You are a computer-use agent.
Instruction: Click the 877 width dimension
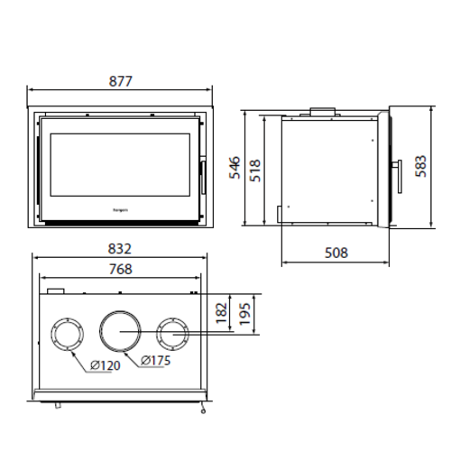tap(119, 80)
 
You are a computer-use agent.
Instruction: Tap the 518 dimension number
tap(255, 169)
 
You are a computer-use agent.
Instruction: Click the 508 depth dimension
tap(336, 253)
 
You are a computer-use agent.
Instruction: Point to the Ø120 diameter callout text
tap(106, 366)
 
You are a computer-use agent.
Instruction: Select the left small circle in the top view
tap(67, 335)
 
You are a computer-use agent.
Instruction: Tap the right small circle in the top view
tap(171, 335)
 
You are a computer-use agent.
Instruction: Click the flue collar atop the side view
tap(320, 113)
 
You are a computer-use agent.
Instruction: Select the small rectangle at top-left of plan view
tap(56, 291)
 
